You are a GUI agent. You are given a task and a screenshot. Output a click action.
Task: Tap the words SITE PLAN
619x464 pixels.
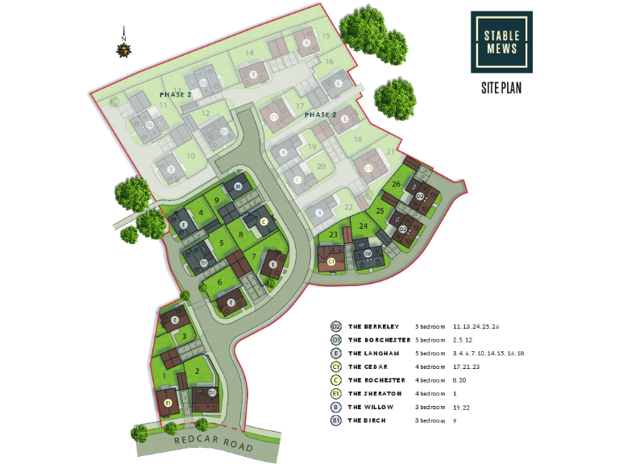click(501, 88)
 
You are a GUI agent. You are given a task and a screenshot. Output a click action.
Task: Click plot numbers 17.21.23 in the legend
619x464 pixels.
click(475, 367)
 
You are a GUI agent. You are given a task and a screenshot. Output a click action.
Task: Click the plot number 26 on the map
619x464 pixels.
click(396, 184)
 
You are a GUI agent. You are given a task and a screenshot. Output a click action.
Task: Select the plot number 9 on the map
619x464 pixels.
click(216, 200)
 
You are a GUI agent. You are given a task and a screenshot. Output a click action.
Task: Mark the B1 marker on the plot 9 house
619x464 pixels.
click(238, 187)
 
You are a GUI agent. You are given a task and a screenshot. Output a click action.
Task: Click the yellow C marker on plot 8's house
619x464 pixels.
click(264, 222)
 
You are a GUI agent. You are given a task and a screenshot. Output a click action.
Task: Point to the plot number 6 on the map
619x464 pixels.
click(219, 282)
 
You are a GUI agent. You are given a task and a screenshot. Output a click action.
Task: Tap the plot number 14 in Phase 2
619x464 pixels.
click(250, 53)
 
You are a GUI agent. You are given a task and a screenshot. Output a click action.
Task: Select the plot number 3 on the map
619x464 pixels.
click(185, 337)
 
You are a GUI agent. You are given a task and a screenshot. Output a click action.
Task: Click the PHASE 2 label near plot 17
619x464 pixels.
click(320, 114)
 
